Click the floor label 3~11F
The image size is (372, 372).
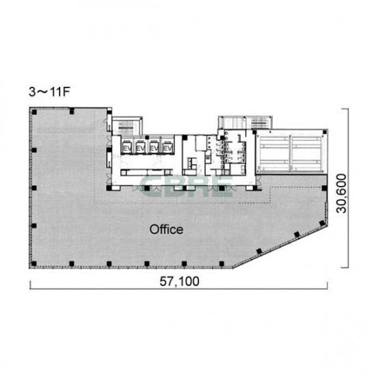(49, 92)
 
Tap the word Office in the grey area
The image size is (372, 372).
(166, 229)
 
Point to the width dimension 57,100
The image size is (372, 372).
(179, 281)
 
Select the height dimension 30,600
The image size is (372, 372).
(342, 194)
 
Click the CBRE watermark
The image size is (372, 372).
(186, 186)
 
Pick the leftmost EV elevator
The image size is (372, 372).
(127, 147)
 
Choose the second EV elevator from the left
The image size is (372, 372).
(140, 147)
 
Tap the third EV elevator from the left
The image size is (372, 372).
(154, 147)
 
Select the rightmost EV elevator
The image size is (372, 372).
(168, 147)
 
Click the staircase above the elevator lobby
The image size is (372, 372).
(127, 127)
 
